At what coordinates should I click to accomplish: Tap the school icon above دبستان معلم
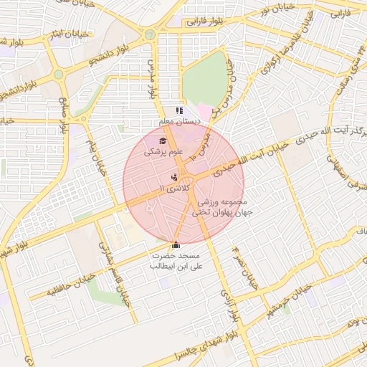pyautogui.click(x=179, y=110)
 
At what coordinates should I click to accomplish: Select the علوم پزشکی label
pyautogui.click(x=164, y=152)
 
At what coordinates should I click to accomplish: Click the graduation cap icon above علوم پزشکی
pyautogui.click(x=163, y=140)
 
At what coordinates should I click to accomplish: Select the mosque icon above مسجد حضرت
pyautogui.click(x=176, y=245)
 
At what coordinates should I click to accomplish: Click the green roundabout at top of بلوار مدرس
pyautogui.click(x=150, y=35)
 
